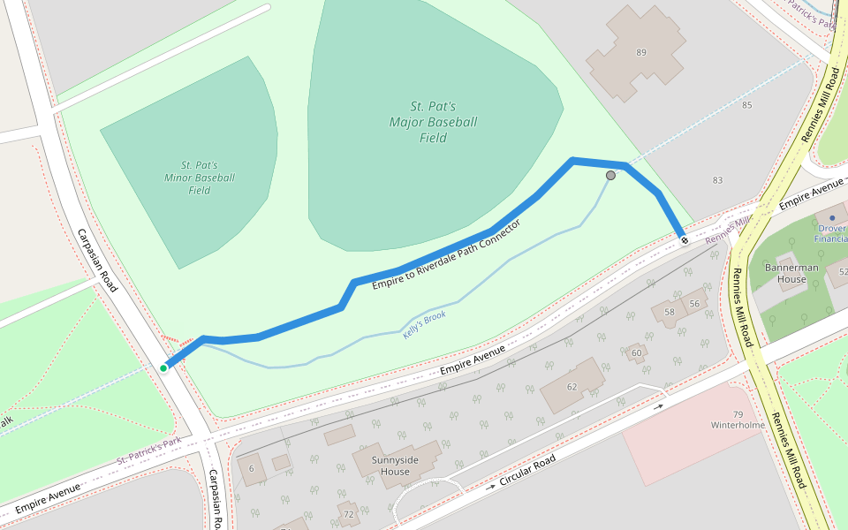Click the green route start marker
[163, 367]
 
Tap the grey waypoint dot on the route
[610, 176]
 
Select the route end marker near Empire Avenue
[684, 239]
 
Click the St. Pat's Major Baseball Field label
[433, 122]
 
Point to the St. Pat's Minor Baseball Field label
[200, 178]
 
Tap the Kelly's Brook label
[424, 324]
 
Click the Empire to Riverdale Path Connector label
[446, 254]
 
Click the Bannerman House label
[791, 273]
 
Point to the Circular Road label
[526, 472]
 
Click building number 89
[641, 53]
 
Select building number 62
[572, 386]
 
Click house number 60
[636, 353]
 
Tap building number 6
[251, 468]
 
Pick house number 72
[348, 513]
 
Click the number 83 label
[717, 180]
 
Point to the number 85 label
[746, 106]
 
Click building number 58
[670, 312]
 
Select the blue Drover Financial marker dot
[832, 216]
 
